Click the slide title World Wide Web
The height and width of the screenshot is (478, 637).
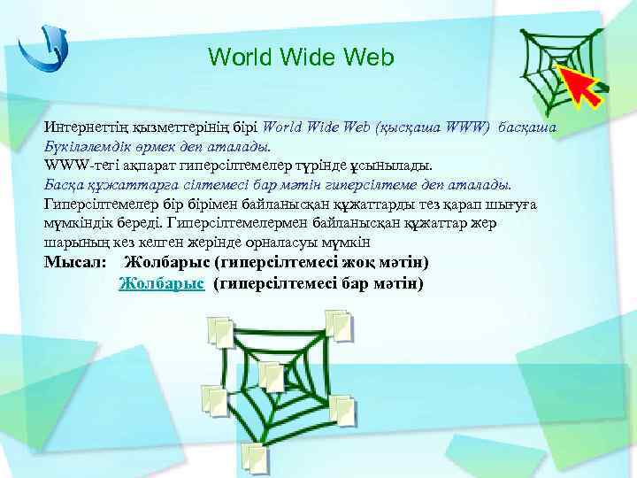pos(301,57)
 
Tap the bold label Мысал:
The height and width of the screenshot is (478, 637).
pos(75,263)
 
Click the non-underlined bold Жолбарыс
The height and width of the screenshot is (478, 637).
pos(168,263)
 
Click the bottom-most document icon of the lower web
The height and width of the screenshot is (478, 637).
pos(255,456)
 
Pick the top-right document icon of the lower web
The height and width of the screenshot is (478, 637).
pos(338,322)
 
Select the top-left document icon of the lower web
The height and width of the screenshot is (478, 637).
pos(219,330)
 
